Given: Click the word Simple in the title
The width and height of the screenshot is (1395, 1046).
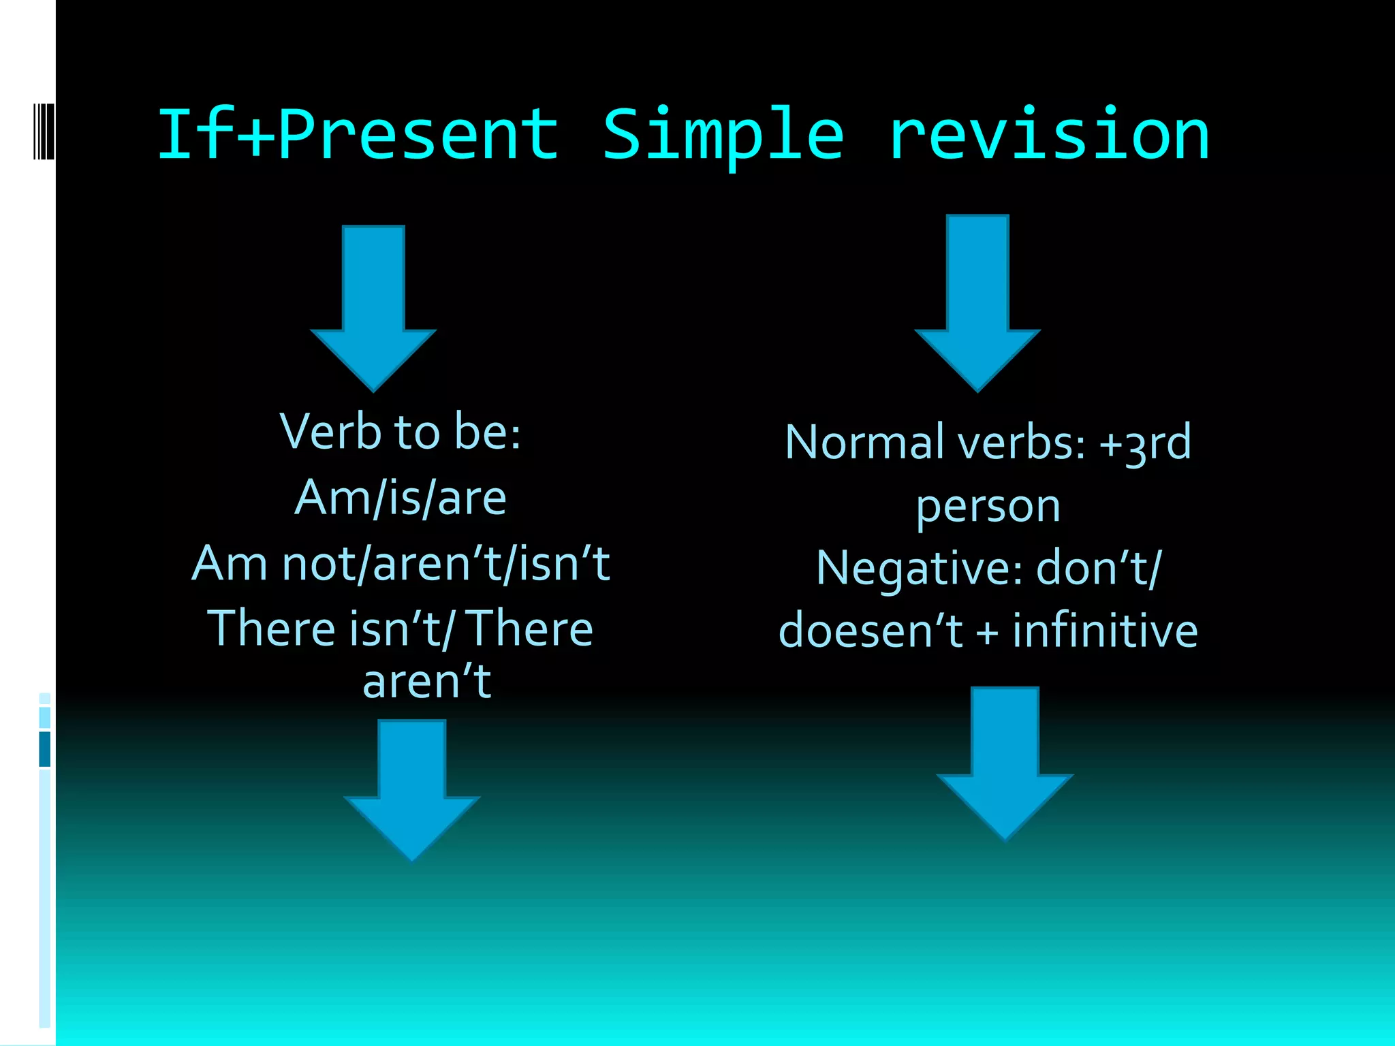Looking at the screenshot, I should point(723,135).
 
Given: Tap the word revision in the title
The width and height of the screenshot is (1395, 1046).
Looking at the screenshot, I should point(1049,135).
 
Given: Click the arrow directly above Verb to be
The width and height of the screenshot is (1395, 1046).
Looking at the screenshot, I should point(373,306).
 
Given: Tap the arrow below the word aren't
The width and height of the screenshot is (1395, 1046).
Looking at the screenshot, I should point(412,790).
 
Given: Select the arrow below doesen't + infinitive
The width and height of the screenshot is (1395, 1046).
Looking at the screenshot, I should point(1005,763).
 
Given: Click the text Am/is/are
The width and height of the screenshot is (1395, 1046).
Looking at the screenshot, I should point(401,498).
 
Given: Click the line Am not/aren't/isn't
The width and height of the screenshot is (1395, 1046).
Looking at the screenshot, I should point(401,564).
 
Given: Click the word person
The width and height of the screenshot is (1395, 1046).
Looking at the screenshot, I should point(988,507).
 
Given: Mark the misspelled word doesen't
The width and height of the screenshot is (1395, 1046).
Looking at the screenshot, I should point(871,631).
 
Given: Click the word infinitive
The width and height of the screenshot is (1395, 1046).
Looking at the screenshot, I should point(1105,631).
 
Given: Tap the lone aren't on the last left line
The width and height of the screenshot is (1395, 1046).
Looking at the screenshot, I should point(427,681).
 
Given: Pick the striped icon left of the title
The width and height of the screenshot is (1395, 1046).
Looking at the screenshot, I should point(44,131).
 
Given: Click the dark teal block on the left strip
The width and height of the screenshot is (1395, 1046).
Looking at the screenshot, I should point(45,749).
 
